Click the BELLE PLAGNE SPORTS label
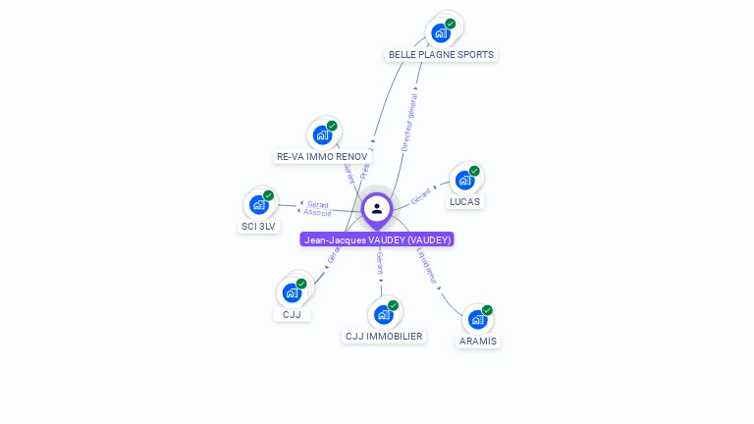[441, 54]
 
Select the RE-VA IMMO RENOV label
[322, 156]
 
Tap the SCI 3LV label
[259, 226]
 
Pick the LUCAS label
[465, 201]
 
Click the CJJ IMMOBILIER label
[383, 336]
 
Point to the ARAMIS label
[478, 341]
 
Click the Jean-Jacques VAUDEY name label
[377, 239]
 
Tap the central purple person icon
[377, 208]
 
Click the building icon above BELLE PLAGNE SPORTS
[441, 32]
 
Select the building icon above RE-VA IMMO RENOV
[322, 134]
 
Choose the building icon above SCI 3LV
[258, 204]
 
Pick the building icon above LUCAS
[464, 180]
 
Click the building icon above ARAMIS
[477, 319]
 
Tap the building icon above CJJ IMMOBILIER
[383, 314]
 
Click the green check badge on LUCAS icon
[474, 171]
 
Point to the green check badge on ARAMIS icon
[487, 310]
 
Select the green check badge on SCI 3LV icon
[268, 195]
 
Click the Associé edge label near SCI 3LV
[317, 212]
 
